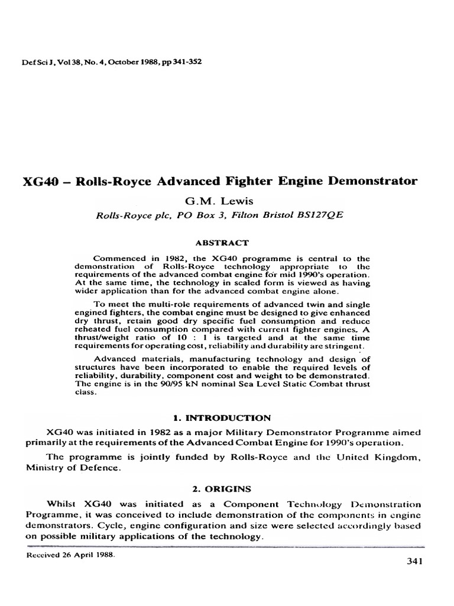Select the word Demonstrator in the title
(373, 181)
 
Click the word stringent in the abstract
(347, 345)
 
